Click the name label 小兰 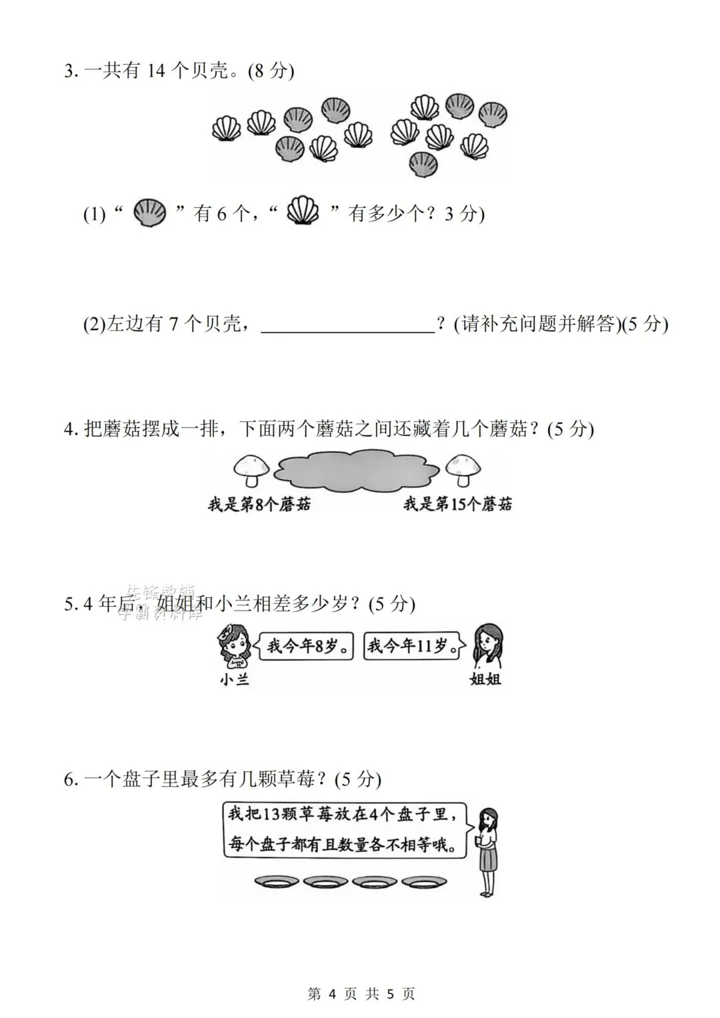tap(234, 679)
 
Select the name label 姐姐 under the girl tap(485, 679)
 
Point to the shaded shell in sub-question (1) tap(149, 213)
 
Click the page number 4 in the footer tap(333, 993)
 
